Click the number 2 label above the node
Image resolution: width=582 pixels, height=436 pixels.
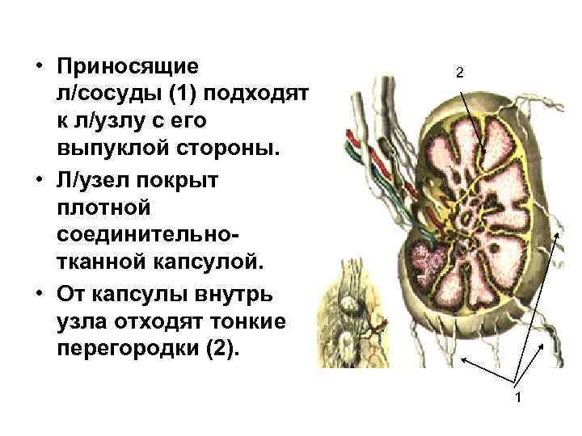459,73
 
